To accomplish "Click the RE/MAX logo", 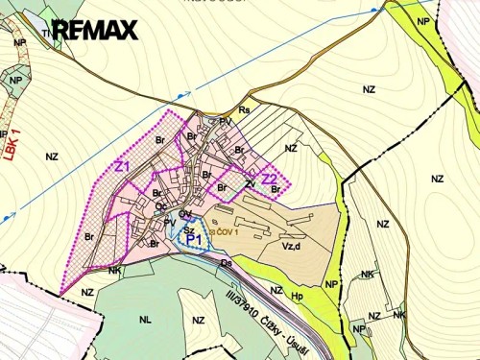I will (x=94, y=30).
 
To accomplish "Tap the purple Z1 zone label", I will (x=122, y=166).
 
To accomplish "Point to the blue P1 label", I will (x=193, y=237).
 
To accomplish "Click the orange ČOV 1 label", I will (x=225, y=231).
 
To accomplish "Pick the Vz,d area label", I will (x=291, y=245).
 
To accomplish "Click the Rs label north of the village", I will (x=244, y=110).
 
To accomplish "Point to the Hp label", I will (x=297, y=296).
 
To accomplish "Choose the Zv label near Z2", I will (x=250, y=183).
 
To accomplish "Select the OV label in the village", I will (x=184, y=213).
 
